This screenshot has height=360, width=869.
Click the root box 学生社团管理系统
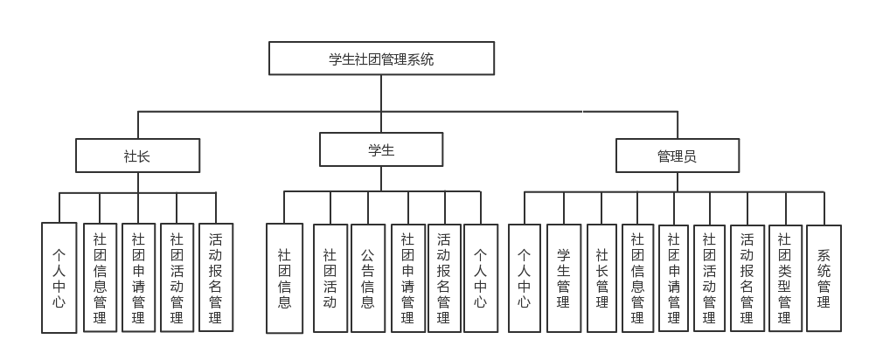(381, 59)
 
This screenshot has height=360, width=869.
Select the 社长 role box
(137, 156)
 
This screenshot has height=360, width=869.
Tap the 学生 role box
(381, 149)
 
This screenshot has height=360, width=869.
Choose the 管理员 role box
(677, 156)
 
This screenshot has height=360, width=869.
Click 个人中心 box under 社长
(59, 277)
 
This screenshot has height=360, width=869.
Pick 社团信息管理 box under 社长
(100, 277)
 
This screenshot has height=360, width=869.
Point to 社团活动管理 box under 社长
(177, 277)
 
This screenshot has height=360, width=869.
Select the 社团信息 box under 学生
(284, 278)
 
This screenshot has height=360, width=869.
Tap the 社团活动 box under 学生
(330, 278)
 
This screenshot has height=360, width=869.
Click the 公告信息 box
(368, 278)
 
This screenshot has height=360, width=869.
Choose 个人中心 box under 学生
(481, 278)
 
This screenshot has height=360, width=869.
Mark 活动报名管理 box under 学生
(444, 278)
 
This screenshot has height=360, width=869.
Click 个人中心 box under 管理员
(524, 278)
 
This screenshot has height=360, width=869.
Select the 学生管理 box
(564, 278)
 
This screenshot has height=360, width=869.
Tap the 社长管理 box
(601, 278)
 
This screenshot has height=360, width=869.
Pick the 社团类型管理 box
(784, 278)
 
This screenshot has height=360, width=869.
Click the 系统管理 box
(824, 278)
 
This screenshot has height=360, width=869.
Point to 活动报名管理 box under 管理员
(747, 278)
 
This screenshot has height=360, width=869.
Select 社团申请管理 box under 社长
(138, 277)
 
